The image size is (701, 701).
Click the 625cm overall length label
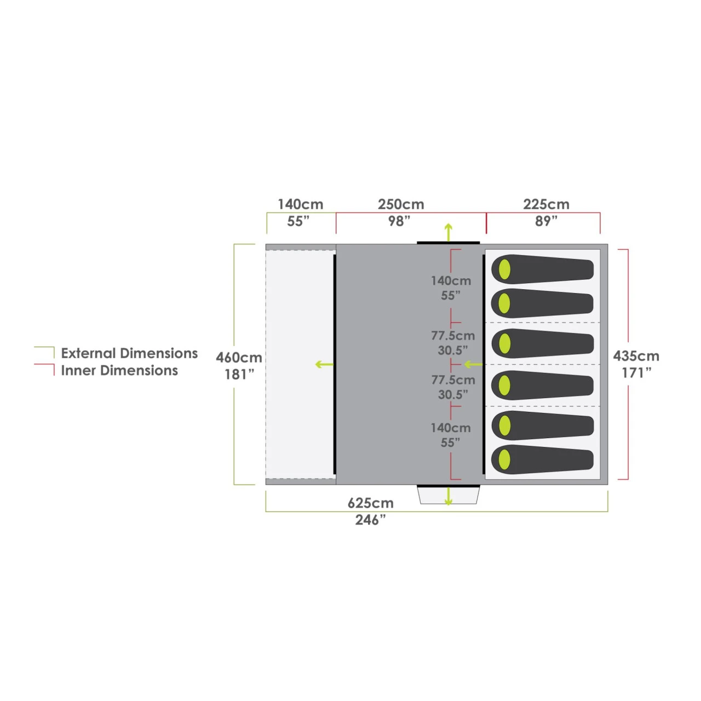pos(370,503)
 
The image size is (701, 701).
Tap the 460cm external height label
pos(239,358)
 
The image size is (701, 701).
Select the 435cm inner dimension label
pos(636,356)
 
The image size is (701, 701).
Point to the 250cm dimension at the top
pos(401,204)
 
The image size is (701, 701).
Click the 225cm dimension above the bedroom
pos(547,204)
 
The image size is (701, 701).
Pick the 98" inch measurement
pos(399,221)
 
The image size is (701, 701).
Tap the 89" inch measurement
pos(546,221)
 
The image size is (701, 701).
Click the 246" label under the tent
pos(370,520)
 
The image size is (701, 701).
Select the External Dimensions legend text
pos(129,353)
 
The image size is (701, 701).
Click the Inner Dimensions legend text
pos(120,370)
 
